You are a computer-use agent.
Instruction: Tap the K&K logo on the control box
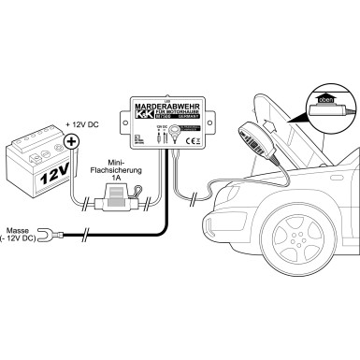coord(143,119)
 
